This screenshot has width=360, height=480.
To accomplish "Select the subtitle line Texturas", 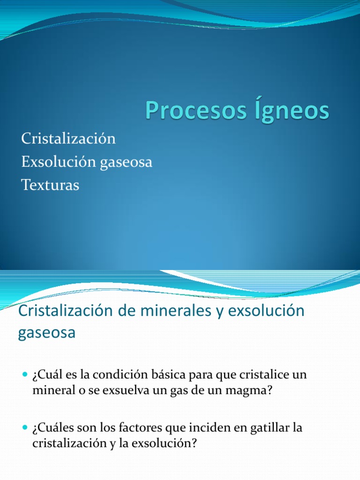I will [50, 185].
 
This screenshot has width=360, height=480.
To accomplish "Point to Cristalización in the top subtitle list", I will [68, 139].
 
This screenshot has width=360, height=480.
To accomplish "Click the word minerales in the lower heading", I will [171, 311].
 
